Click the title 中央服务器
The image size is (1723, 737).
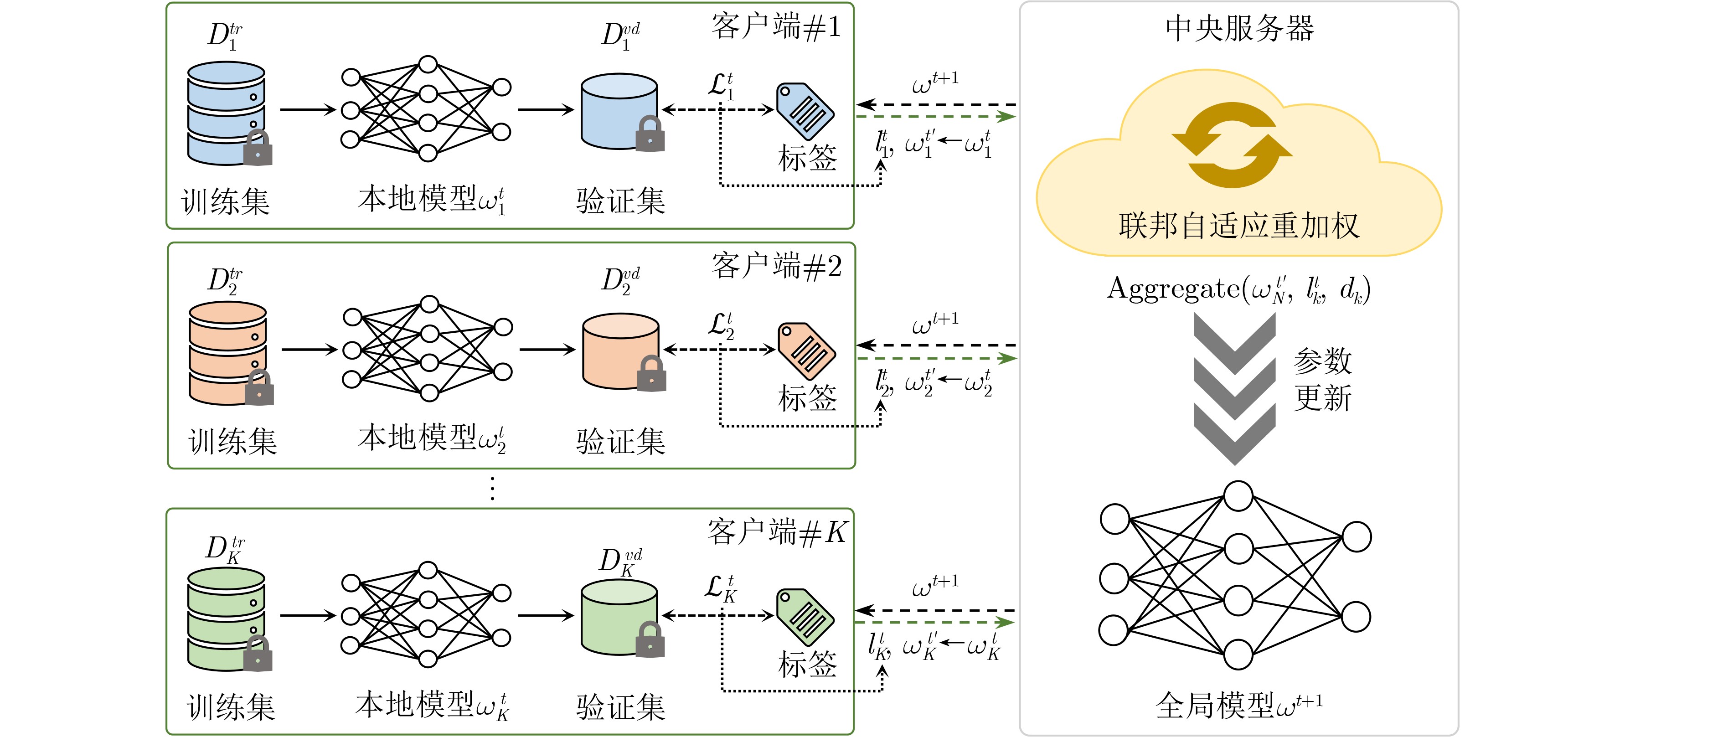coord(1239,29)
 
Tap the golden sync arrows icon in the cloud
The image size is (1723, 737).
coord(1232,144)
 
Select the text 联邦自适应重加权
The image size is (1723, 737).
coord(1239,225)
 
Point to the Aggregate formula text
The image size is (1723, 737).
coord(1238,289)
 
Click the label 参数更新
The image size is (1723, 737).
coord(1322,379)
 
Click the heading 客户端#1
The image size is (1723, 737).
coord(776,27)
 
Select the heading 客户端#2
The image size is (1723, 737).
coord(776,267)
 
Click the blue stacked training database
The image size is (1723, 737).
coord(227,113)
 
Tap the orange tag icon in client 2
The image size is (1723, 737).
coord(806,351)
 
